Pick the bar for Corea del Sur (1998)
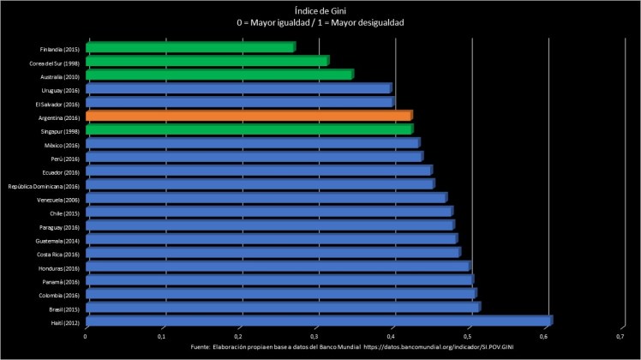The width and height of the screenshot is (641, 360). click(x=207, y=62)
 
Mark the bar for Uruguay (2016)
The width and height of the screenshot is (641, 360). click(x=237, y=89)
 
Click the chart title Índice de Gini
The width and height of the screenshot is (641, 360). click(x=320, y=10)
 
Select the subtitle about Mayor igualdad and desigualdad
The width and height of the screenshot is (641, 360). click(x=320, y=22)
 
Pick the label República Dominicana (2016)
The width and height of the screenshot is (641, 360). click(x=44, y=184)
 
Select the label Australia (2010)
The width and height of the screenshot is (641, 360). click(x=60, y=75)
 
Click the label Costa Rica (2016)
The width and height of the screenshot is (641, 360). click(x=58, y=253)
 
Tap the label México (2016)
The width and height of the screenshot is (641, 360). click(x=61, y=143)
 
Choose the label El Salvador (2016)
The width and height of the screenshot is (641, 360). click(x=58, y=103)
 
